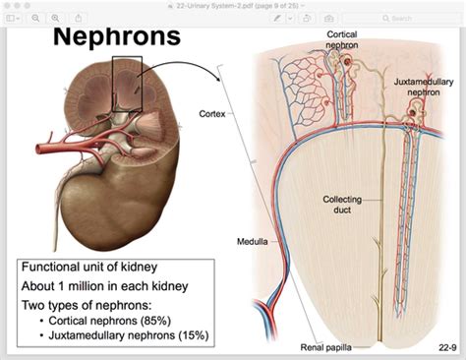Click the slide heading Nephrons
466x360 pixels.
(x=117, y=37)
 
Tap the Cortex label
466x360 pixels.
(x=211, y=113)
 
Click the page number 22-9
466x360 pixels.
(x=444, y=348)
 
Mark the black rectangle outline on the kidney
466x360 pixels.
(x=128, y=79)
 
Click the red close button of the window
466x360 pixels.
(x=8, y=5)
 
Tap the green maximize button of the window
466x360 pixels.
(x=31, y=5)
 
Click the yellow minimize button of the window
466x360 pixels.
(x=20, y=5)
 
